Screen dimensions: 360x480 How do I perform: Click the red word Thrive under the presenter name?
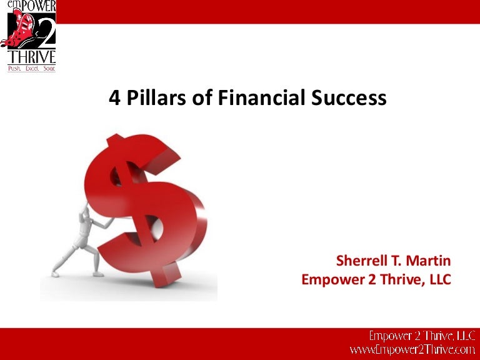(387, 279)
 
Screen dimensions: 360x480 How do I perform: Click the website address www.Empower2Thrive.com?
(412, 351)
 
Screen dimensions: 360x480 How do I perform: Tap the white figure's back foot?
(56, 272)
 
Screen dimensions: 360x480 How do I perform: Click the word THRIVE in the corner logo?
(32, 57)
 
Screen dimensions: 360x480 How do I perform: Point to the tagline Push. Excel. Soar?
(31, 68)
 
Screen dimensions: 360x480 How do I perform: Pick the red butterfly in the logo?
(19, 31)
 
